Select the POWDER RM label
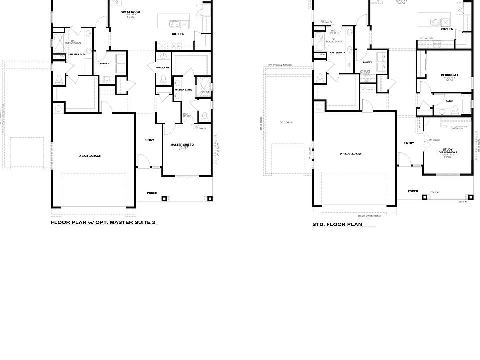162,67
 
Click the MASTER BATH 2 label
184,90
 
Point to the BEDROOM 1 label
449,75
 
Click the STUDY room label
448,149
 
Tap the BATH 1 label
449,101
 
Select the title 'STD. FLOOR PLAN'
337,225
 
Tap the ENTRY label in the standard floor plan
409,143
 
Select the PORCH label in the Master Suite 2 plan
152,193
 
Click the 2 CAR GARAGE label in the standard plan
351,154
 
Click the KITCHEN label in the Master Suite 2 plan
178,34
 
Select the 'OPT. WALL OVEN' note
426,38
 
